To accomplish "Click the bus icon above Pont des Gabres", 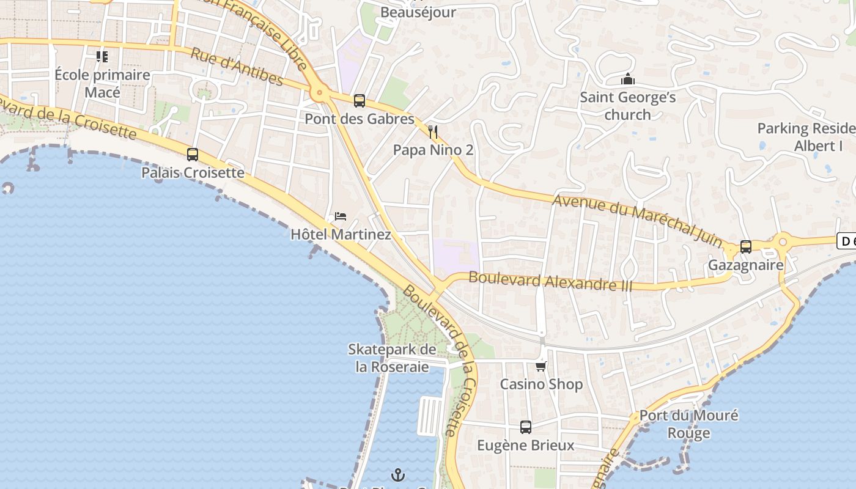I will tap(360, 101).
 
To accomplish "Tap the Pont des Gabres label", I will tap(360, 119).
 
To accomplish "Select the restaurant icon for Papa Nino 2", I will tap(433, 131).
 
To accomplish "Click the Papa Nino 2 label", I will tap(433, 150).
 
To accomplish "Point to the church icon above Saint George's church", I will tap(627, 79).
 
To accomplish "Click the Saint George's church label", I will tap(627, 106).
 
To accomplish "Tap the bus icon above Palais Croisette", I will tap(193, 155).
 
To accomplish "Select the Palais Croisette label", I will tap(193, 173).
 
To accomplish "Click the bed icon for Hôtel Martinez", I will tap(341, 216).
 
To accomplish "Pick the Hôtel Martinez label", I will tap(341, 234).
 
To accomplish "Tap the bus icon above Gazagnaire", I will tap(745, 247).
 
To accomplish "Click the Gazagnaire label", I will tap(745, 265).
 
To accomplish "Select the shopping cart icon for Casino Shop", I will tap(541, 366).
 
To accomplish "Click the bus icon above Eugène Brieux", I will tap(526, 427).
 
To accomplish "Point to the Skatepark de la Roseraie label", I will tap(392, 358).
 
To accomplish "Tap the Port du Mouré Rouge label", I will tap(688, 424).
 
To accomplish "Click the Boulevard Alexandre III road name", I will tap(550, 282).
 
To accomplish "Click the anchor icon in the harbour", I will tap(398, 474).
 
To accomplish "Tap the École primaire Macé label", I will tap(102, 84).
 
